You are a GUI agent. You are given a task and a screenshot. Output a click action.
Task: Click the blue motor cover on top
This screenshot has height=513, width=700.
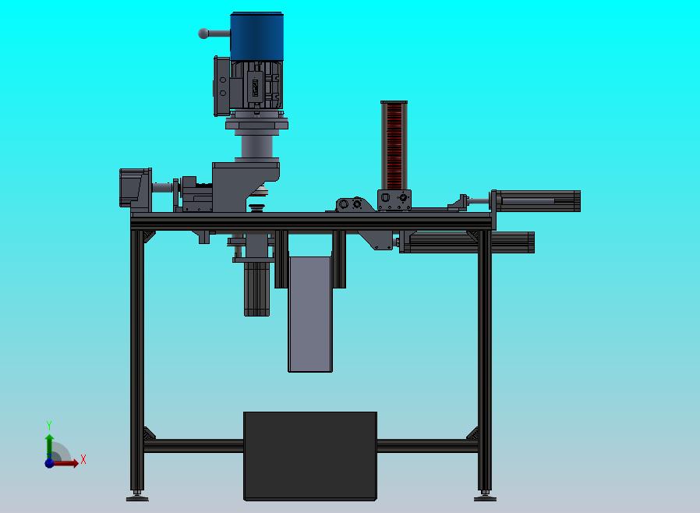tap(256, 36)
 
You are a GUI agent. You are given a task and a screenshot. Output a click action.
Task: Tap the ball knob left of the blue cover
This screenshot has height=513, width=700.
tap(203, 34)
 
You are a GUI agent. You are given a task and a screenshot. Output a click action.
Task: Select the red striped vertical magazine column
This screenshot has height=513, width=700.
tap(394, 146)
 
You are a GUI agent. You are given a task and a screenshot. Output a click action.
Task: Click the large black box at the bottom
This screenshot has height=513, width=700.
tap(310, 456)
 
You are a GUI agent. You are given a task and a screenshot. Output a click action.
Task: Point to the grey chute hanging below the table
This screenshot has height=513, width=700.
tap(310, 314)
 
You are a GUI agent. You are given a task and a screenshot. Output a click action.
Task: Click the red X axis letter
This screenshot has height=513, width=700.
tap(83, 459)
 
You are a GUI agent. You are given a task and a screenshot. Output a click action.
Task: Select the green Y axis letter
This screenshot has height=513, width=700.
tap(49, 425)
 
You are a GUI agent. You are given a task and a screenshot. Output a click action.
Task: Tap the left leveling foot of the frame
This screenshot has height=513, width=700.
tap(137, 496)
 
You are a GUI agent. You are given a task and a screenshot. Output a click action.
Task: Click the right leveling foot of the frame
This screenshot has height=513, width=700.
tap(485, 496)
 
